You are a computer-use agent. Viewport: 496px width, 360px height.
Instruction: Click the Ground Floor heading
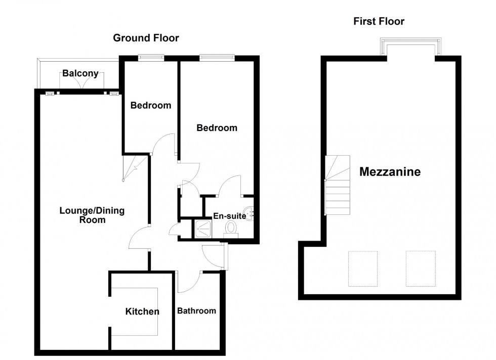click(146, 38)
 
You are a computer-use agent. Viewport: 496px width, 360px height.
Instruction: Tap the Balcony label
click(80, 74)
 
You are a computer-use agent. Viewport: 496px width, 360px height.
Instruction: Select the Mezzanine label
click(390, 172)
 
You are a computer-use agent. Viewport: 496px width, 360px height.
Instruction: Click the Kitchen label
click(142, 311)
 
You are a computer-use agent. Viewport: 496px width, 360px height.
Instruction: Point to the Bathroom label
click(196, 311)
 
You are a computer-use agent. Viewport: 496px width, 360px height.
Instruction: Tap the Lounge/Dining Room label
click(92, 215)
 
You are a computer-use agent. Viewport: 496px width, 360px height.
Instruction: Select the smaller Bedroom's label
click(150, 106)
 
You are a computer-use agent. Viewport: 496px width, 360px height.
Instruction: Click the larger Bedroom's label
click(217, 128)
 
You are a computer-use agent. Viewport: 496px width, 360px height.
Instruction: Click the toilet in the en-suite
click(231, 228)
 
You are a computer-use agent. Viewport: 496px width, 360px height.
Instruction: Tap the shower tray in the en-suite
click(204, 229)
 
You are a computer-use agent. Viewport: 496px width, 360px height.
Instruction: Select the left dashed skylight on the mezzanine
click(363, 268)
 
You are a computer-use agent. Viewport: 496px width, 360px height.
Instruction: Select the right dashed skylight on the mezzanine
click(421, 268)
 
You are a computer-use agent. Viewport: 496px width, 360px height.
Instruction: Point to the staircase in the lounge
click(134, 167)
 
